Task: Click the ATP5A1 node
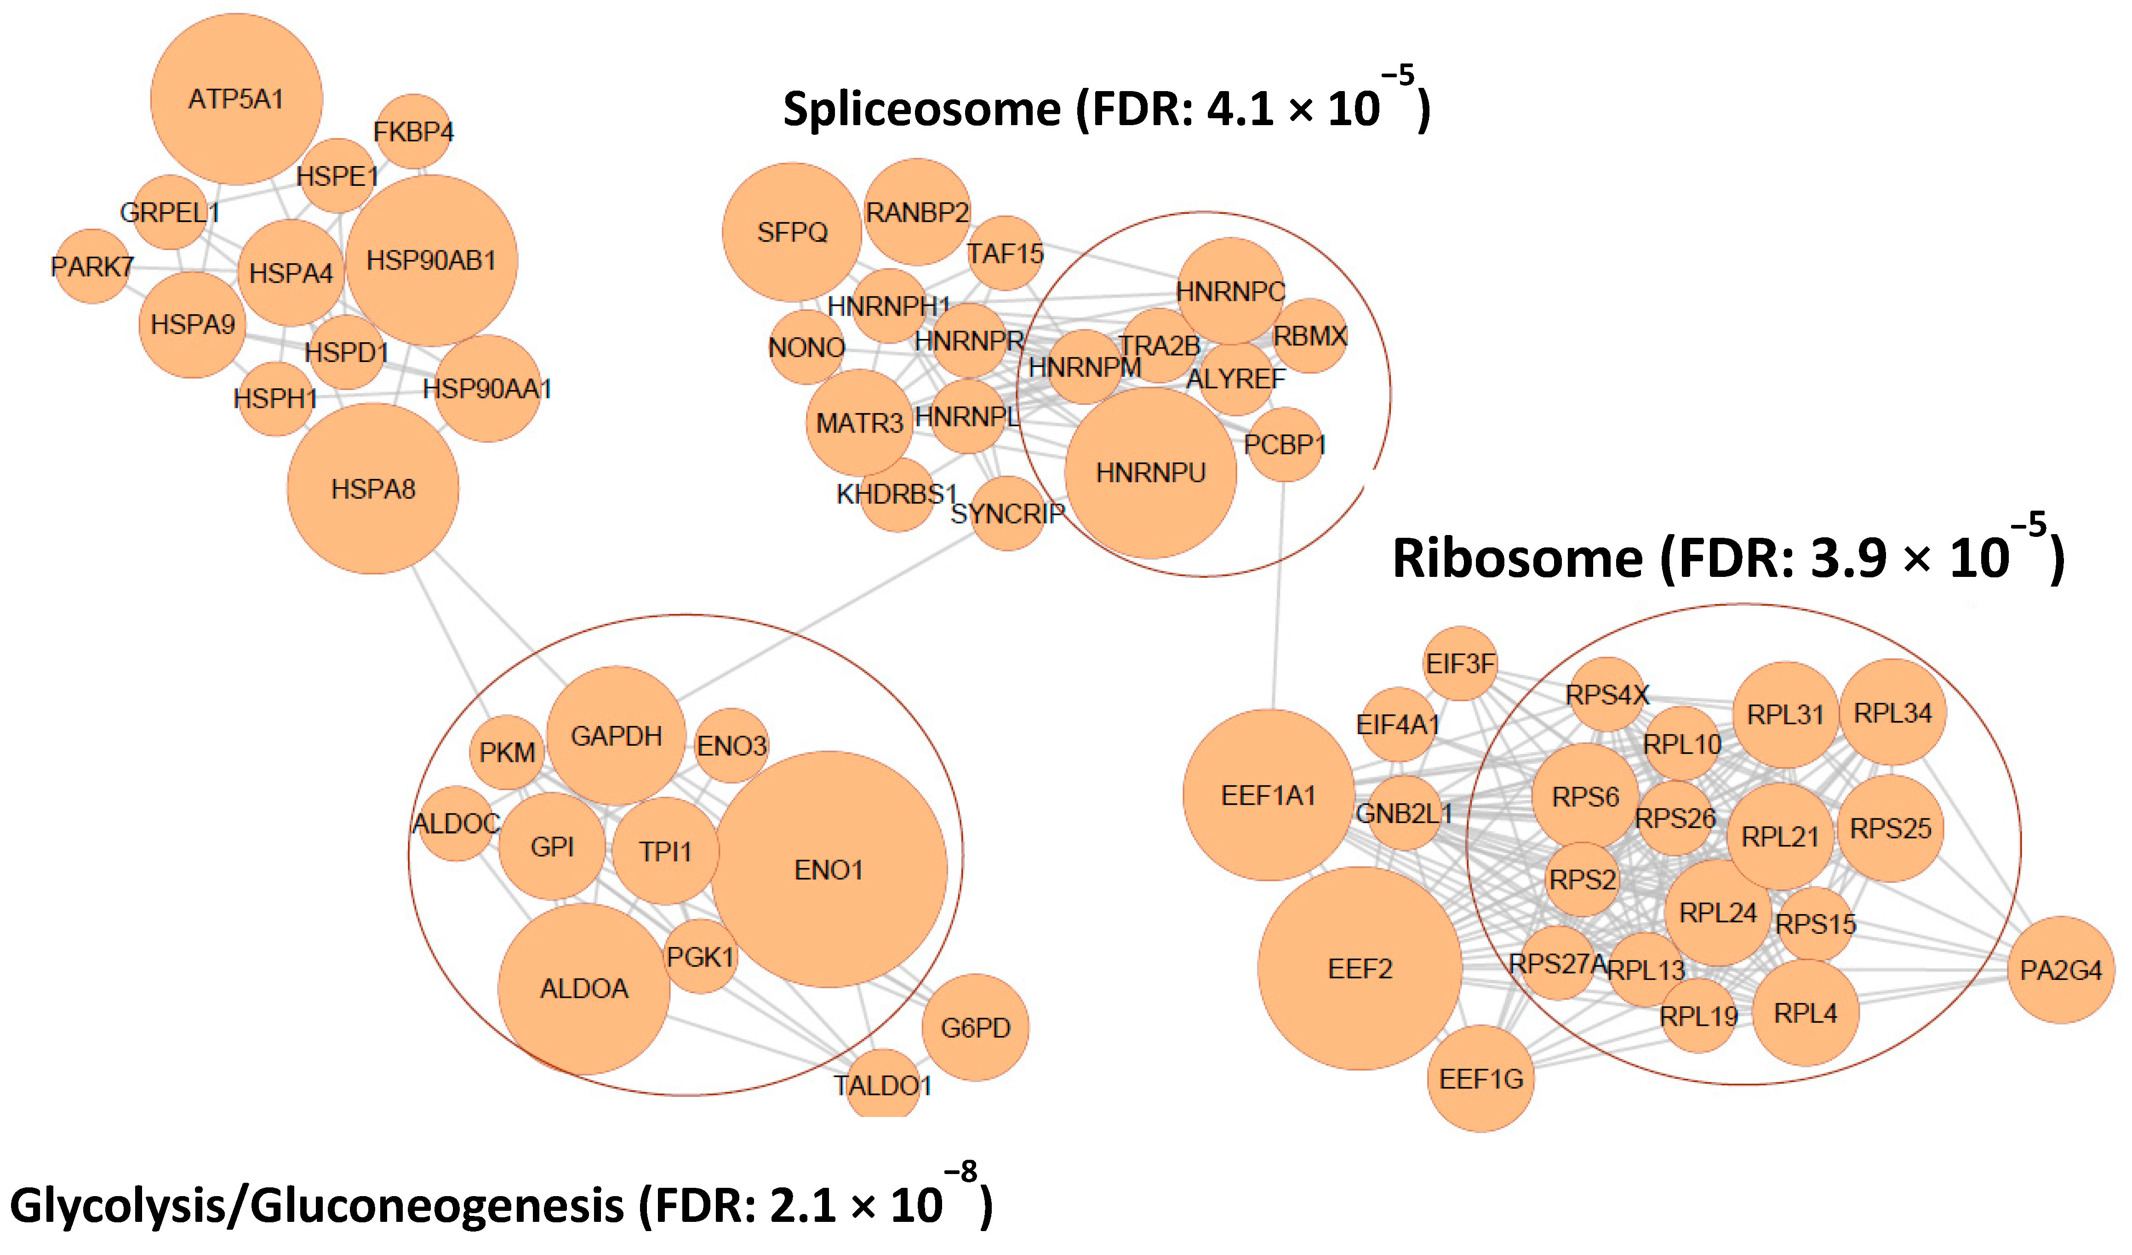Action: click(236, 99)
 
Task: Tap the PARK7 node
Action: click(91, 266)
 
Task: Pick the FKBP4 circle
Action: click(413, 131)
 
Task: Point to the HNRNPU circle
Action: click(1151, 472)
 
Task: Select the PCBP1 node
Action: click(1284, 444)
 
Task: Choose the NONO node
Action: click(806, 347)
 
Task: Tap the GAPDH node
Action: click(616, 736)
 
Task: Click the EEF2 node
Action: click(1360, 968)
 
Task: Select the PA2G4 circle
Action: click(2061, 970)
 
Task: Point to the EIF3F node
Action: click(1460, 663)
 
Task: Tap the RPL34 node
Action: click(1892, 713)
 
